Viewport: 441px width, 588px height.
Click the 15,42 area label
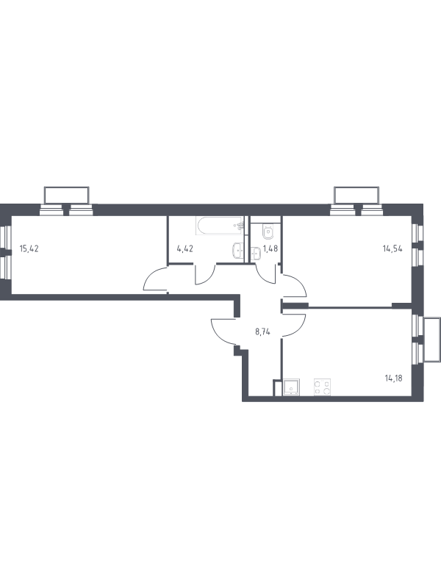click(x=29, y=248)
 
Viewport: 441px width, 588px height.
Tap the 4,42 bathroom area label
click(x=185, y=248)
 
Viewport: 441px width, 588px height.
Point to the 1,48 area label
click(x=270, y=248)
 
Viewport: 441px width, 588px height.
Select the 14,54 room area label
click(x=392, y=248)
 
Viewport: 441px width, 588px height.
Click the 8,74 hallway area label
click(x=263, y=332)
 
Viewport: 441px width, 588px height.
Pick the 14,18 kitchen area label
click(x=394, y=379)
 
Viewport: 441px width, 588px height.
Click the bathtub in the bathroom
click(x=220, y=226)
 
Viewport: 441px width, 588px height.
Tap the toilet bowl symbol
click(x=268, y=232)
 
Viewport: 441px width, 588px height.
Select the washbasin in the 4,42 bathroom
click(x=238, y=250)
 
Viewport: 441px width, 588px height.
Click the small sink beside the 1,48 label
click(x=256, y=254)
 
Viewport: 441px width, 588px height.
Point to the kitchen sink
click(x=291, y=387)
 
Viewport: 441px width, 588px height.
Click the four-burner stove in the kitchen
click(x=322, y=387)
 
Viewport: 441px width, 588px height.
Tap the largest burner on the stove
click(x=326, y=391)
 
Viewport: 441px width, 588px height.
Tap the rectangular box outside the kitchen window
click(x=432, y=340)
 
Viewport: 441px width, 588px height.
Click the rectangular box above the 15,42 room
click(x=67, y=195)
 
